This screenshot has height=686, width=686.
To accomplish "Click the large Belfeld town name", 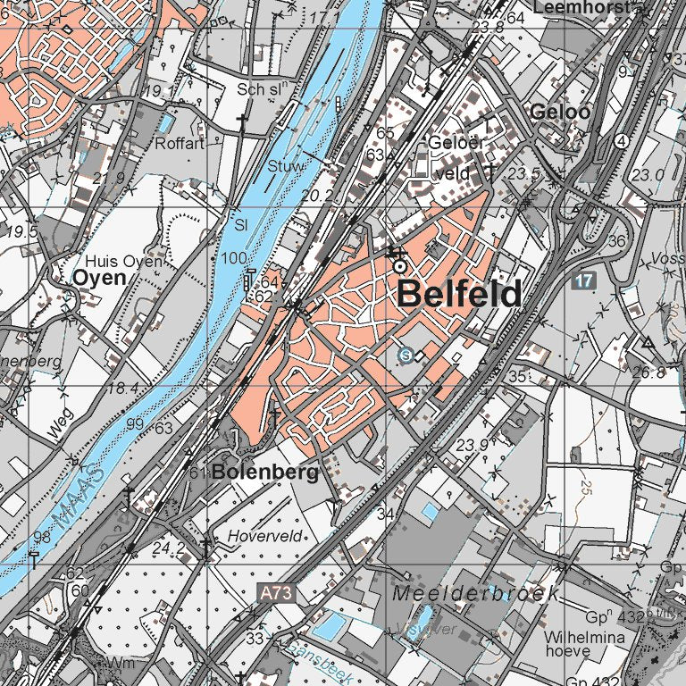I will point(458,293).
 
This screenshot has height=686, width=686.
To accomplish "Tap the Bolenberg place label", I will point(266,473).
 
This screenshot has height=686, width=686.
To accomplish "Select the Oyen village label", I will point(99,278).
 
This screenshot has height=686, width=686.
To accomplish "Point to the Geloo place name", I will point(560,113).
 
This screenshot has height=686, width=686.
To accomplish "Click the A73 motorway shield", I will point(277,591).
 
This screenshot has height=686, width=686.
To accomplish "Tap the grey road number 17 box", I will point(584,280).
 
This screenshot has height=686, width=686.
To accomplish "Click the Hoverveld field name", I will point(265,536).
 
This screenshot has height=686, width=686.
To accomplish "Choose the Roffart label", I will point(180,144).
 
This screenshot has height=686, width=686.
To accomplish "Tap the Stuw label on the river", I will point(286,167).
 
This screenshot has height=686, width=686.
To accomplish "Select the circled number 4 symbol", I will point(621,141).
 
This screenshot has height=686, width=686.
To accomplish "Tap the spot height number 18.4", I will point(122,388).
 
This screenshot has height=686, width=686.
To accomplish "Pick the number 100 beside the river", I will point(235,258).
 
